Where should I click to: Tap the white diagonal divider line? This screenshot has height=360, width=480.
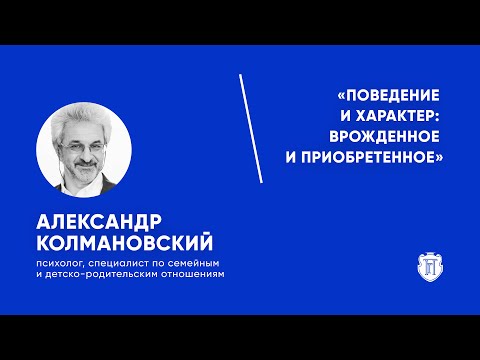[x=251, y=127]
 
